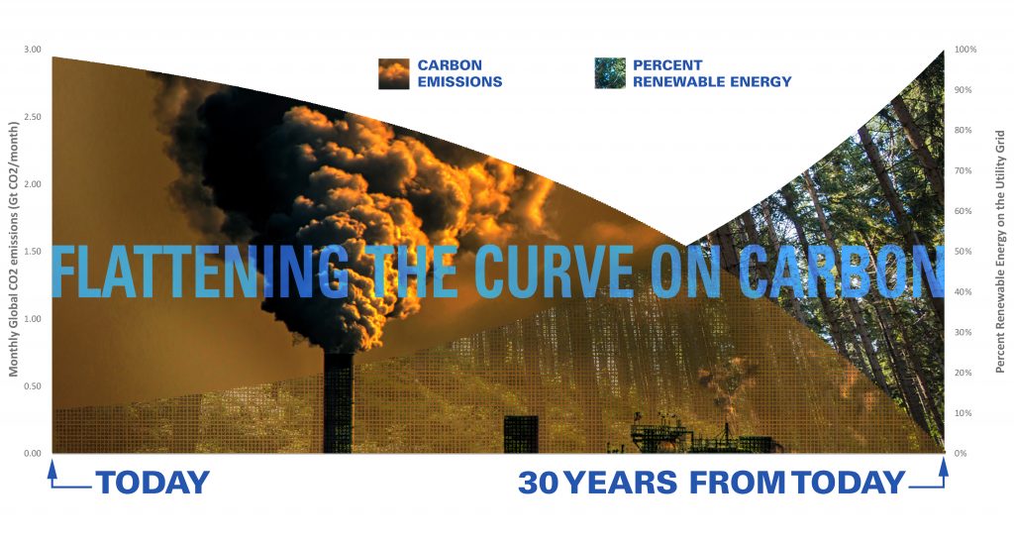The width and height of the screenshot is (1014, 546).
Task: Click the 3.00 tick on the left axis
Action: point(33,50)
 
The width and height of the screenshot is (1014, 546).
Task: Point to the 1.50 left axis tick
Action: point(33,251)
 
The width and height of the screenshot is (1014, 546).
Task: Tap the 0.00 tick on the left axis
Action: point(33,454)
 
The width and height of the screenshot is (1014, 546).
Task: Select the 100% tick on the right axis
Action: point(965,50)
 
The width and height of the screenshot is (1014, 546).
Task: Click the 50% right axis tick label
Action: point(963,251)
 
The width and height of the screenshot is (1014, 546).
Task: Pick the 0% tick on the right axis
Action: point(961,454)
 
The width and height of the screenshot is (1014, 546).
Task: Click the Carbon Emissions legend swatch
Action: point(394,73)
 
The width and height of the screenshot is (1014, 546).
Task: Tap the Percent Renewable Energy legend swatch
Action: point(610,73)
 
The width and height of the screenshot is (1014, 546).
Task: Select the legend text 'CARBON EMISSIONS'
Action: point(459,73)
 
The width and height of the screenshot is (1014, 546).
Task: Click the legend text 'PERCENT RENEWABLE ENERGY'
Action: point(712,73)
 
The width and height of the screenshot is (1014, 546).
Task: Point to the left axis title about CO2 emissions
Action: point(13,249)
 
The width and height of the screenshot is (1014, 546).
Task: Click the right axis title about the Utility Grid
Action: point(1000,252)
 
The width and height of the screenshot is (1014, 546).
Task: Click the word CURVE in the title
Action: point(555,272)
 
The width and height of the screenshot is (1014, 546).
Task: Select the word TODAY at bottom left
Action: point(152,483)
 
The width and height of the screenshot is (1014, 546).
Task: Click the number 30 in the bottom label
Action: point(538,483)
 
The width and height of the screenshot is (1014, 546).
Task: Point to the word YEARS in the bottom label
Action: point(621,483)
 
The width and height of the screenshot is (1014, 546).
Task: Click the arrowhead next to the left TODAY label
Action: point(52,468)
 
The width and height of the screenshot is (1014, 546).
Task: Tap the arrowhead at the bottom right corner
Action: point(944,467)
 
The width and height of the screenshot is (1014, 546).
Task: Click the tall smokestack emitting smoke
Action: point(339,402)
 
